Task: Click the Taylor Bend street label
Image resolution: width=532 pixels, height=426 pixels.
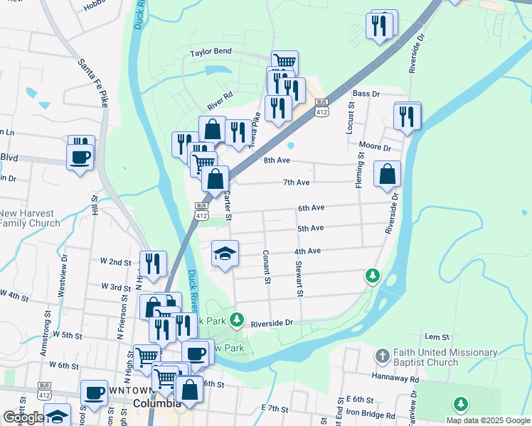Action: (212, 53)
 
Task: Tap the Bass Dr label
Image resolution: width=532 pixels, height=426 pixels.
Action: (366, 93)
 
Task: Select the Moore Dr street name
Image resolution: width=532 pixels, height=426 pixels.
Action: (376, 146)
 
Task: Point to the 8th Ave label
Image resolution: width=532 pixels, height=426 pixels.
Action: (277, 160)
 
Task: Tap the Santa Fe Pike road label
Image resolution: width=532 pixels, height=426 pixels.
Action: (93, 79)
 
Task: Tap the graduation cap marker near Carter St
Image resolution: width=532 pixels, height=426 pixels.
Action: (225, 253)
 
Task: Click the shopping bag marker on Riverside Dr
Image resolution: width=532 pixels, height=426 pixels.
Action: (387, 175)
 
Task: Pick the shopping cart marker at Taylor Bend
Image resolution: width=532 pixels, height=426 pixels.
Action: (284, 61)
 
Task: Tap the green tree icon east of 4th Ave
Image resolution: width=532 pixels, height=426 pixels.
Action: (371, 275)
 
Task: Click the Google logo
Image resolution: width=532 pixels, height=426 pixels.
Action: (23, 417)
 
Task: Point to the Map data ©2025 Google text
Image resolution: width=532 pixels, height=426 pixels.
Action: (488, 420)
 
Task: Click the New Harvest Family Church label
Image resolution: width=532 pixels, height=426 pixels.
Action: (30, 218)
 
